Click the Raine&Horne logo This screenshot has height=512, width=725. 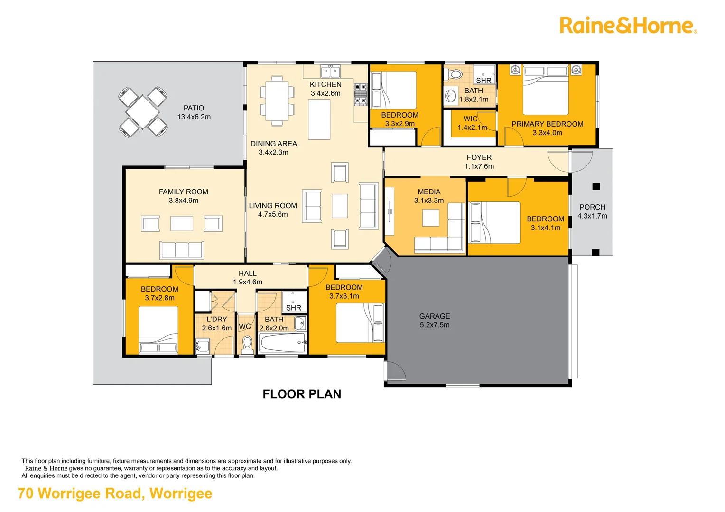[x=628, y=26]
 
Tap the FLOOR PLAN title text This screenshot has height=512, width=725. [x=302, y=394]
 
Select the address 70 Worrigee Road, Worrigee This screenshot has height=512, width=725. [x=115, y=494]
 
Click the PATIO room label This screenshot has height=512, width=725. [x=194, y=108]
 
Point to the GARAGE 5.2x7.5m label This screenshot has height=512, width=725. [x=435, y=320]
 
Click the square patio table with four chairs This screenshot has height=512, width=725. [x=142, y=112]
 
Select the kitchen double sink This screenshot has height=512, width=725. [x=330, y=72]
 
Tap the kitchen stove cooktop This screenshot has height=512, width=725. [x=361, y=94]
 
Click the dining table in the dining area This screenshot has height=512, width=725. [x=277, y=101]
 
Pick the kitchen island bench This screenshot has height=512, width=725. [x=319, y=119]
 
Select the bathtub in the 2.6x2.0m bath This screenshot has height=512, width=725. [x=283, y=343]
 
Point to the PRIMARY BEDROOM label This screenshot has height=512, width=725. [x=547, y=124]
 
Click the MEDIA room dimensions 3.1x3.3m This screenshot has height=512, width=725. [x=429, y=201]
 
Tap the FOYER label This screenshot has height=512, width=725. [x=479, y=157]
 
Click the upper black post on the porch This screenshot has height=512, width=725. [x=596, y=186]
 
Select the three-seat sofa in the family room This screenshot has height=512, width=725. [x=182, y=249]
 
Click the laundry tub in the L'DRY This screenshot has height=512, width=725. [x=203, y=345]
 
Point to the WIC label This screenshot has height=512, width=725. [x=470, y=119]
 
